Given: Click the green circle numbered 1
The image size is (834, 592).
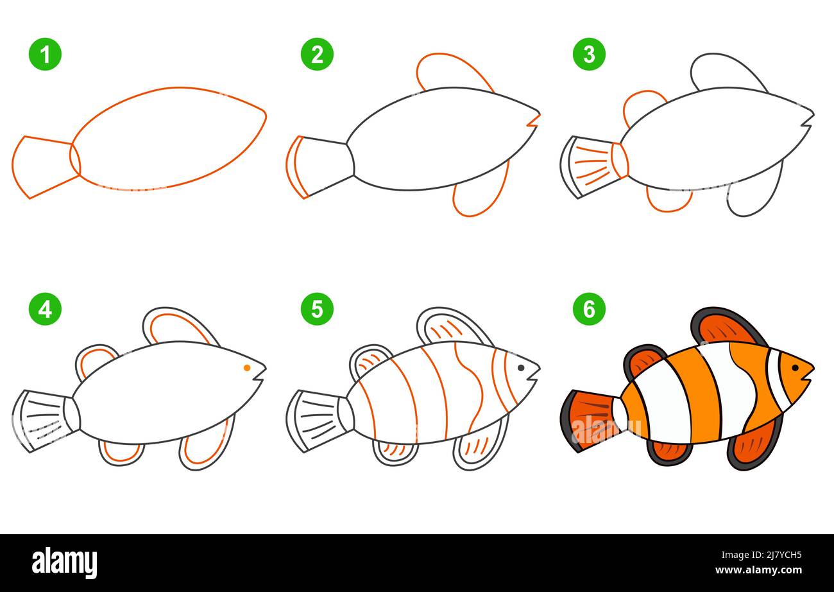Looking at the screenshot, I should coord(45,55).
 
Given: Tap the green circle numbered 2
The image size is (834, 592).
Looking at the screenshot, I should coord(317,55).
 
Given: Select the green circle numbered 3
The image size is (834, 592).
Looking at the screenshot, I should coord(589,55).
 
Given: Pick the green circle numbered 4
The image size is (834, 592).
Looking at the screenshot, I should coord(45,309).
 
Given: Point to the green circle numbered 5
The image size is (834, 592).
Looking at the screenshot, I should coord(317,309).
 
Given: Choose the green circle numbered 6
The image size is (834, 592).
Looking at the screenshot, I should coord(589,309).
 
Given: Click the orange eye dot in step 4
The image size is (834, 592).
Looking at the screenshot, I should coord(247,368).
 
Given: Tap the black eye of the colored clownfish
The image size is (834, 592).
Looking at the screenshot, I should coord(795,368).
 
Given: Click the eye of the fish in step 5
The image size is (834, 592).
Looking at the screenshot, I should coord(520,368).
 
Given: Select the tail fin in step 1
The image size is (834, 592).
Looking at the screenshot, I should coord(42,166).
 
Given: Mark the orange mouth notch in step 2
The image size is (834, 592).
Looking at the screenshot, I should coord(533,120).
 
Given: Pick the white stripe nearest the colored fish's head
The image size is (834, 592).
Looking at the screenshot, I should coord(775,379).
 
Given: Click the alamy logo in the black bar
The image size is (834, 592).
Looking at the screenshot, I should coord(64,562).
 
